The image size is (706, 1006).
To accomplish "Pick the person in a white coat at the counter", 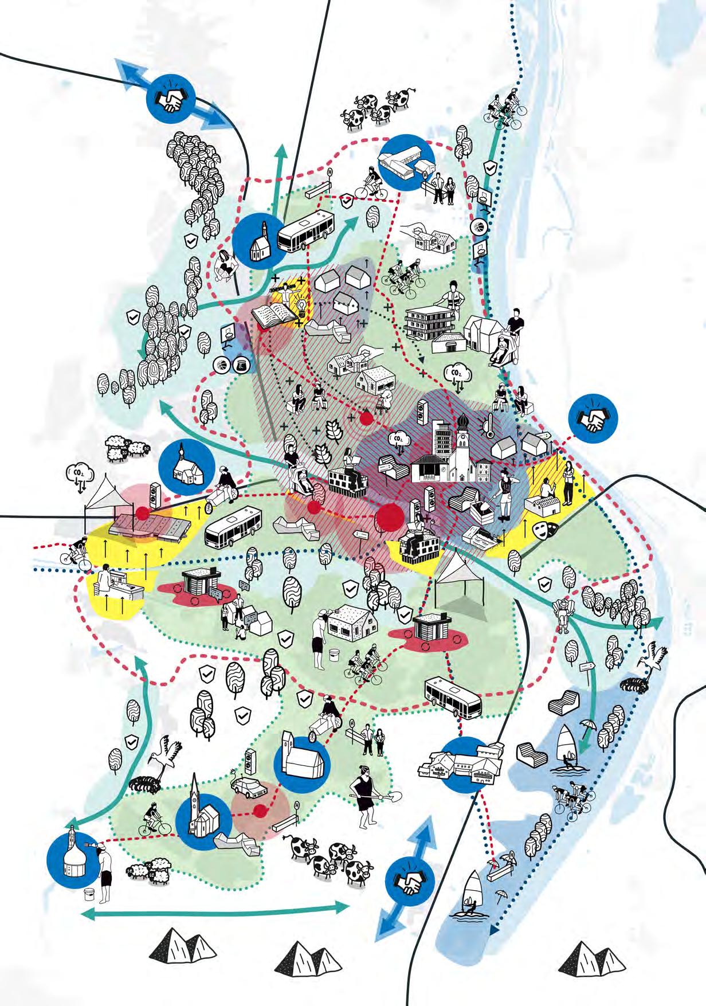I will [105, 579].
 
